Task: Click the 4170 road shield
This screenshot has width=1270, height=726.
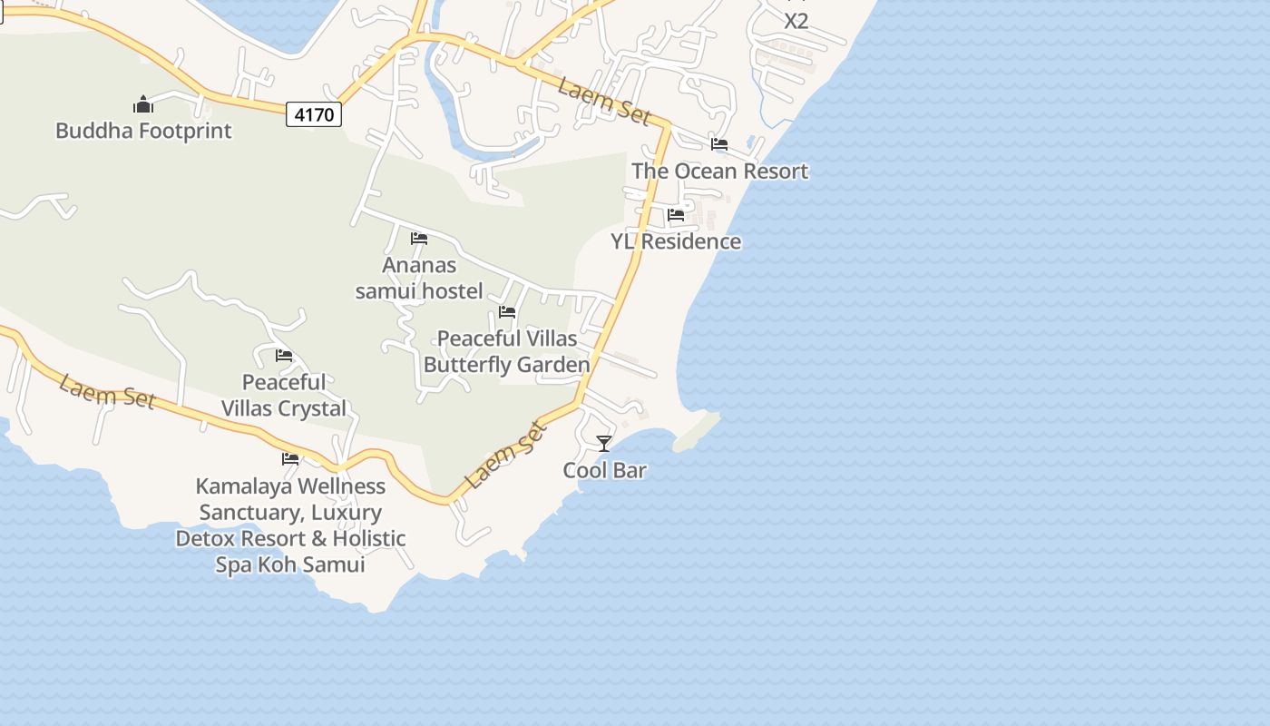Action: pos(315,114)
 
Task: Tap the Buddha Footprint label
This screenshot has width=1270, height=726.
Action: pos(143,131)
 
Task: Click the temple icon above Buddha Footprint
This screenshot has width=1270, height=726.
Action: pos(143,104)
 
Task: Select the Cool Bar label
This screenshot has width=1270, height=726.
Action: pos(604,470)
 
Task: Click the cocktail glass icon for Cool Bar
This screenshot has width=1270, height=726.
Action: pos(604,444)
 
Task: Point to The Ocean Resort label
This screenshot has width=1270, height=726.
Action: pos(719,171)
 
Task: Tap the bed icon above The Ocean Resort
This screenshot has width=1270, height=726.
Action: pos(719,144)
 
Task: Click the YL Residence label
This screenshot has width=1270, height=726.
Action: pos(676,241)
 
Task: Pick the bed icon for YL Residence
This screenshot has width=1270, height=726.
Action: pos(676,215)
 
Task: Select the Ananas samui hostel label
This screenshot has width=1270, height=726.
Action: pos(419,278)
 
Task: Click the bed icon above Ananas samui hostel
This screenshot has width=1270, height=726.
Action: pos(419,239)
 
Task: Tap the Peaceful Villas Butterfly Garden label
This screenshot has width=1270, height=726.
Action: pos(507,351)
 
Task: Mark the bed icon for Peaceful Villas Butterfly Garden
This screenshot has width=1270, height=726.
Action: pos(507,312)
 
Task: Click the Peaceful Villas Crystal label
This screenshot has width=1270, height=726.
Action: pos(284,395)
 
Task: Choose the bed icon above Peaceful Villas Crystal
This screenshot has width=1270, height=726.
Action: pos(284,356)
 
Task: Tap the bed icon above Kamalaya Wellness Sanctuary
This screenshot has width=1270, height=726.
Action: pos(290,459)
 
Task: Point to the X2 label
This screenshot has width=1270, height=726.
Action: pos(796,21)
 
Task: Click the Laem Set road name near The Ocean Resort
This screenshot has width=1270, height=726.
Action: pos(604,102)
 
